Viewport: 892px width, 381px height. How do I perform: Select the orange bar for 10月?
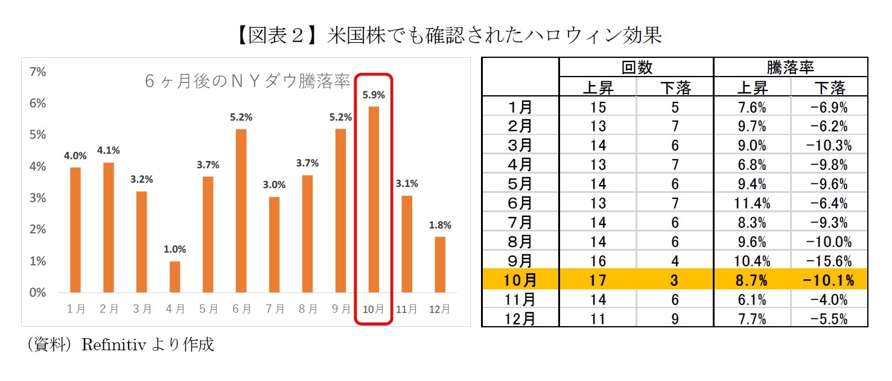tap(374, 200)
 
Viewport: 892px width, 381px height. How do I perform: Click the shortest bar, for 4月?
tap(175, 277)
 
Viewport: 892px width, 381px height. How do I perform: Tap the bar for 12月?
tap(440, 265)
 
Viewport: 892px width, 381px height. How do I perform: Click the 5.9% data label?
tap(374, 95)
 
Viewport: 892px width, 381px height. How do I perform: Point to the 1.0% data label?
tap(175, 249)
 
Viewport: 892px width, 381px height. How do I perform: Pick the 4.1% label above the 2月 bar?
tap(109, 151)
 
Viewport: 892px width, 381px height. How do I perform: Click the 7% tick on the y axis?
tap(37, 72)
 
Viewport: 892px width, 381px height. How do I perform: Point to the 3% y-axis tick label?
tap(37, 198)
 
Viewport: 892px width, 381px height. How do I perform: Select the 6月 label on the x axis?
tap(241, 309)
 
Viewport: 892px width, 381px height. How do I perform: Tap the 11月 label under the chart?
tap(407, 309)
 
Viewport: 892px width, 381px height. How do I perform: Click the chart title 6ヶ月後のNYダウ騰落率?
tap(247, 81)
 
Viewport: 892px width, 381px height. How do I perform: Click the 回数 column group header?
tap(637, 68)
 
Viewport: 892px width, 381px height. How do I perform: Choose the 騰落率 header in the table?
tap(791, 68)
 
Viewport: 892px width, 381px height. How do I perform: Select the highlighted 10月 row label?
tap(520, 280)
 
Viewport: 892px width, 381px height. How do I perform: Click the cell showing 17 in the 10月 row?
tap(597, 280)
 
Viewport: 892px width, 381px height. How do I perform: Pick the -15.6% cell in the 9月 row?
tap(830, 261)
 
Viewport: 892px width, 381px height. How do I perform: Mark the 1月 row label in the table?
tap(520, 108)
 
